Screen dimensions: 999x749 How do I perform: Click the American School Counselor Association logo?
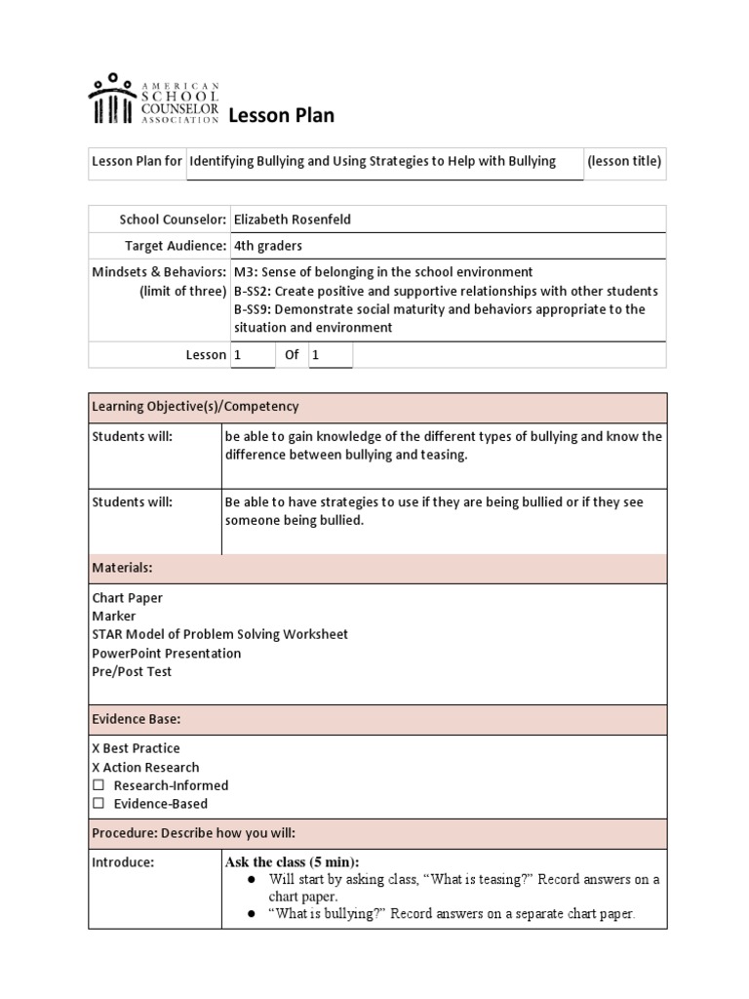(153, 100)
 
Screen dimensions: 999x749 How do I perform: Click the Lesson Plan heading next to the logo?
(281, 116)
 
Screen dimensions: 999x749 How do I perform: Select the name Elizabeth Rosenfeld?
(292, 220)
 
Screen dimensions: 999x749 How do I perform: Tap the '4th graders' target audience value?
(268, 246)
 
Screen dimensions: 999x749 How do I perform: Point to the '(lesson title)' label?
(624, 161)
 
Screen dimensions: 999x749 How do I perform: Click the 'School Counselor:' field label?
(173, 220)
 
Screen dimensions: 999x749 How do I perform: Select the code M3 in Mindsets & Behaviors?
(243, 272)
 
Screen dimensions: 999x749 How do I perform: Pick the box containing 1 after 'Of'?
(330, 355)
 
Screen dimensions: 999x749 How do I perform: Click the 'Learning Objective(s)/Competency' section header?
(195, 406)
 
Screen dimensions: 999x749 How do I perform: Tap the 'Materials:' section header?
(122, 568)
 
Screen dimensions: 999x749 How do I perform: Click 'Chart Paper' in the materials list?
(128, 598)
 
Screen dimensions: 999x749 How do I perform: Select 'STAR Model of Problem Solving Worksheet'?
(219, 634)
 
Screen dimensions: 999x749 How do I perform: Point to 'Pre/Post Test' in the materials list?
(132, 671)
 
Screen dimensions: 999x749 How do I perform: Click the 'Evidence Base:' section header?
(136, 719)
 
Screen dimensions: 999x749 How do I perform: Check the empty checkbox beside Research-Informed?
(98, 785)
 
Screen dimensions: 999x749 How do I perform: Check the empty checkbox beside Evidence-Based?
(98, 804)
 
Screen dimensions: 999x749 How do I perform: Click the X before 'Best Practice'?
(97, 748)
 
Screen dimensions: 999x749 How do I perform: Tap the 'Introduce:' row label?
(123, 862)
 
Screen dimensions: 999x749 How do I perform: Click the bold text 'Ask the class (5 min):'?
(292, 862)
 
